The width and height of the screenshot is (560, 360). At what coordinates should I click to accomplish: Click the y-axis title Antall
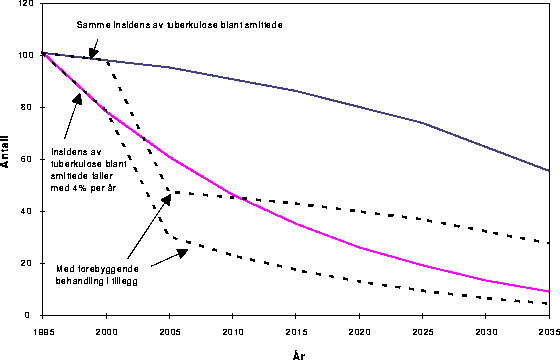7,158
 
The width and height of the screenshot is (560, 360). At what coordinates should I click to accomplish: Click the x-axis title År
297,352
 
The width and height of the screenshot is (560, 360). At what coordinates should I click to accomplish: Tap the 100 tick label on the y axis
25,55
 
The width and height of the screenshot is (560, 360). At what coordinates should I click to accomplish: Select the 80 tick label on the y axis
27,107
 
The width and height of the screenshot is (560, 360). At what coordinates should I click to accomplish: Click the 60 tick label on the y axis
27,159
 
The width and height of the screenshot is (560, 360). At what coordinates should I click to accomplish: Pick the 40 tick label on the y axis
27,211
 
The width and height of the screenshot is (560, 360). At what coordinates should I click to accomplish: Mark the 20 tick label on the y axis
27,263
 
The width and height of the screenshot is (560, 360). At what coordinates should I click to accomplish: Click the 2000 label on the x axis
107,329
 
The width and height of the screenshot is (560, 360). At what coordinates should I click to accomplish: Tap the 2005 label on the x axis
170,329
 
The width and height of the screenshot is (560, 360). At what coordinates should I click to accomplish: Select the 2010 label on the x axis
233,329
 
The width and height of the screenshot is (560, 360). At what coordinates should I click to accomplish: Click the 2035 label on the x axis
546,329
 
